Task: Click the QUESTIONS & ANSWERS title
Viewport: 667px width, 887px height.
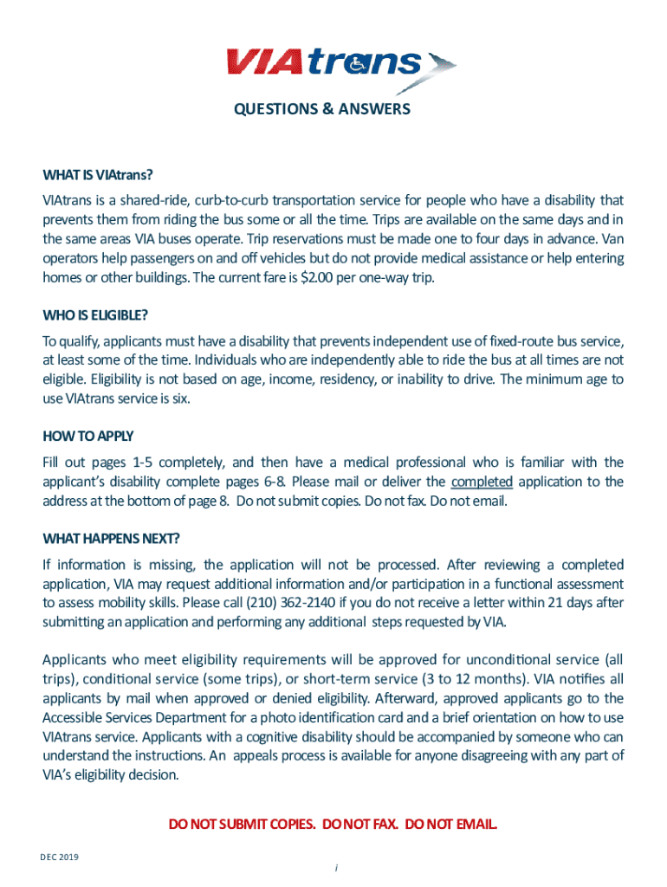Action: coord(321,110)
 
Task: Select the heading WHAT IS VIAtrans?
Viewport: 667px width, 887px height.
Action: coord(98,176)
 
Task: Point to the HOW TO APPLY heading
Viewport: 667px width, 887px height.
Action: coord(88,436)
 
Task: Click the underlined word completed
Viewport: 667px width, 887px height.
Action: coord(482,482)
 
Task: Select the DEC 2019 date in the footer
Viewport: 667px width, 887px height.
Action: coord(59,857)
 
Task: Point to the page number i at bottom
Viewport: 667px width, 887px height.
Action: coord(333,867)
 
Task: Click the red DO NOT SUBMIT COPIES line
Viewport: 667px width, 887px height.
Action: coord(333,823)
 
